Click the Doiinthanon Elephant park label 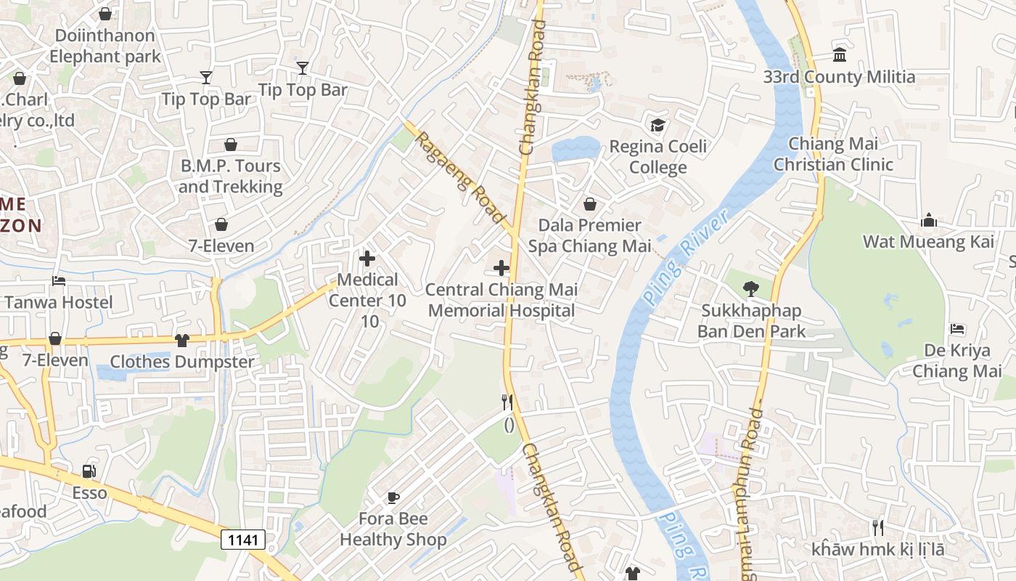point(105,46)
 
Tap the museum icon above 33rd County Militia point(840,54)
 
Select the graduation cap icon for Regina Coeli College point(657,125)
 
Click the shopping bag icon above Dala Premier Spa point(590,204)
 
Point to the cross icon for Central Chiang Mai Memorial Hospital point(501,268)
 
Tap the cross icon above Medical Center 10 point(367,258)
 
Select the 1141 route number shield point(243,540)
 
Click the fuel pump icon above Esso point(89,471)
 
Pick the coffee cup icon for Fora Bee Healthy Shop point(393,497)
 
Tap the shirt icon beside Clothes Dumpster point(182,340)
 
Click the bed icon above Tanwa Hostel point(58,281)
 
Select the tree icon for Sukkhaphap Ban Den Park point(751,289)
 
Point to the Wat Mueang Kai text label point(928,242)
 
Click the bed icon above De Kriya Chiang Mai point(957,329)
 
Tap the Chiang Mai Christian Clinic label point(833,154)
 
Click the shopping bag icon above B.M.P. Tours point(230,145)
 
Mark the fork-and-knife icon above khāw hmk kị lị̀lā point(878,527)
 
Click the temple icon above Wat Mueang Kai point(928,221)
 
